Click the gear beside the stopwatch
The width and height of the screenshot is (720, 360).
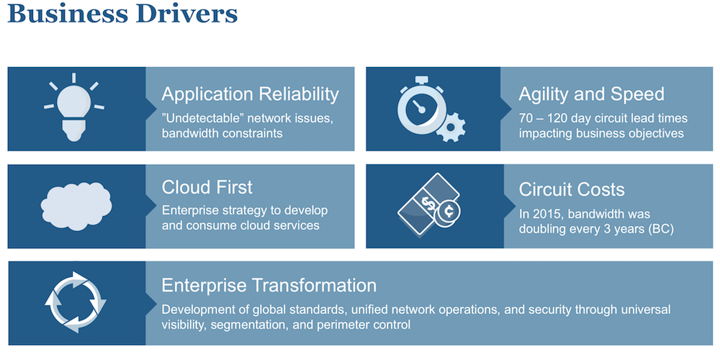pyautogui.click(x=451, y=127)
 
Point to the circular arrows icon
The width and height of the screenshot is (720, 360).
pyautogui.click(x=76, y=302)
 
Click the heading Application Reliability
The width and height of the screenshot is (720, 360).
pyautogui.click(x=250, y=94)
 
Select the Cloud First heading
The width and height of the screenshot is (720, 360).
pyautogui.click(x=207, y=187)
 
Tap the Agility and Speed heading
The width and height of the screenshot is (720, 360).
pyautogui.click(x=591, y=94)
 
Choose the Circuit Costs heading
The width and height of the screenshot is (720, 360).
pyautogui.click(x=572, y=189)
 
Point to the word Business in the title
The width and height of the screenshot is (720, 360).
pyautogui.click(x=66, y=14)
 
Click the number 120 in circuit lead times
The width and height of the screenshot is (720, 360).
pyautogui.click(x=557, y=117)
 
